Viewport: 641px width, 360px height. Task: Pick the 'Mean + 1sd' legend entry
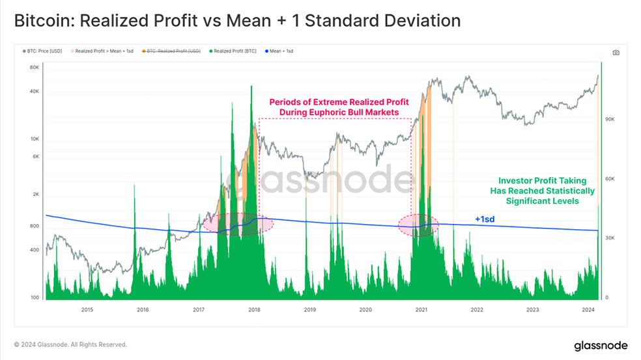click(x=279, y=50)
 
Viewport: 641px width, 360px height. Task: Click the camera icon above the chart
click(x=616, y=52)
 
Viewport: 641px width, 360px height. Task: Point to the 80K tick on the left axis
click(x=35, y=67)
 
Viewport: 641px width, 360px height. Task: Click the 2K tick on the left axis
click(x=36, y=195)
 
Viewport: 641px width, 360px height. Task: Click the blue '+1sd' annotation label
click(x=484, y=219)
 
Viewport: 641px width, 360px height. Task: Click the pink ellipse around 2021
click(x=418, y=224)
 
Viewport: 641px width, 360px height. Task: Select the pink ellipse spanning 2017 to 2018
click(x=238, y=223)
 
